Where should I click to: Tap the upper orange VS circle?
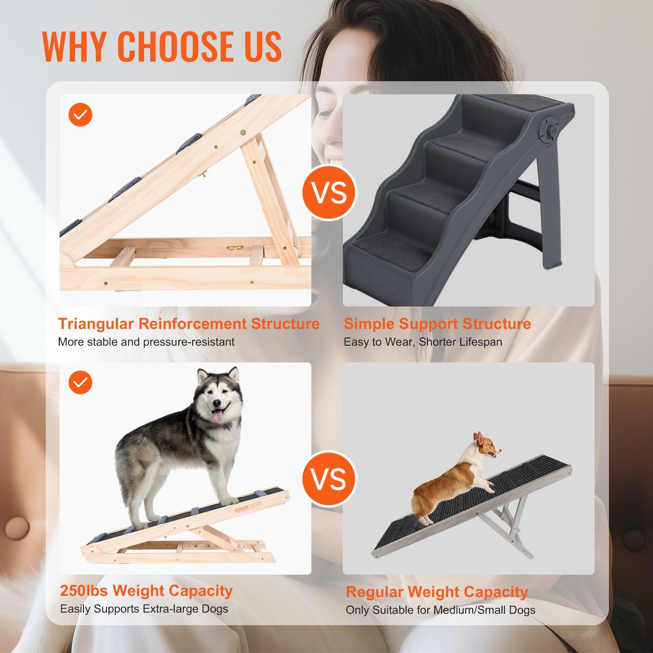coord(329,193)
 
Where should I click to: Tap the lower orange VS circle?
coord(329,479)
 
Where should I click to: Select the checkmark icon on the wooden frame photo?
coord(80,115)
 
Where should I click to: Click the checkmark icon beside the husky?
coord(80,382)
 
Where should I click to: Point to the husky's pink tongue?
coord(218,415)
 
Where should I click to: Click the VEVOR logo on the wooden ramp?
coord(242,509)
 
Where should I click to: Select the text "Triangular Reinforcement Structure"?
coord(188,324)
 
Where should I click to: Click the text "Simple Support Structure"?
coord(437,324)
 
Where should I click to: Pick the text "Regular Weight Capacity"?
coord(437,592)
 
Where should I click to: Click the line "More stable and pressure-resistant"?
coord(146,342)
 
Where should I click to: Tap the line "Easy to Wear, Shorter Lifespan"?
coord(423,342)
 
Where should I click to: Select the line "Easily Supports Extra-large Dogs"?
coord(144,609)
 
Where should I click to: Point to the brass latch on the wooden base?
coord(235,248)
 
